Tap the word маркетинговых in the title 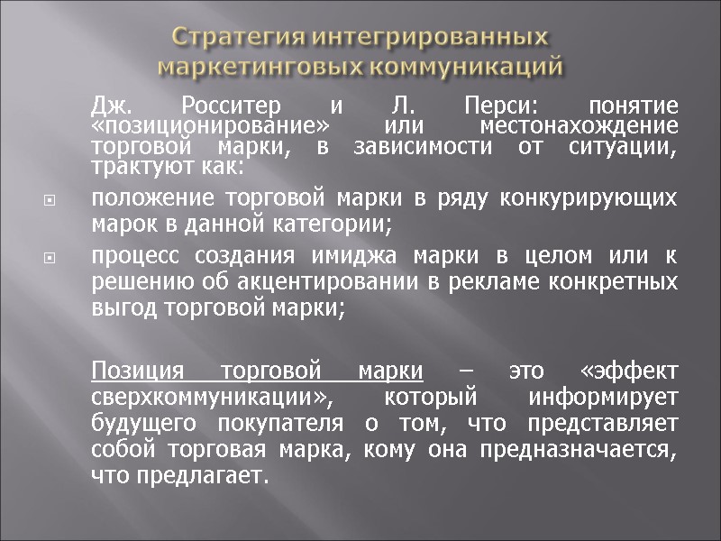[x=258, y=68]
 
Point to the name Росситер [x=225, y=104]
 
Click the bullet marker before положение [x=50, y=199]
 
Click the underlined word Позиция [x=138, y=371]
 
